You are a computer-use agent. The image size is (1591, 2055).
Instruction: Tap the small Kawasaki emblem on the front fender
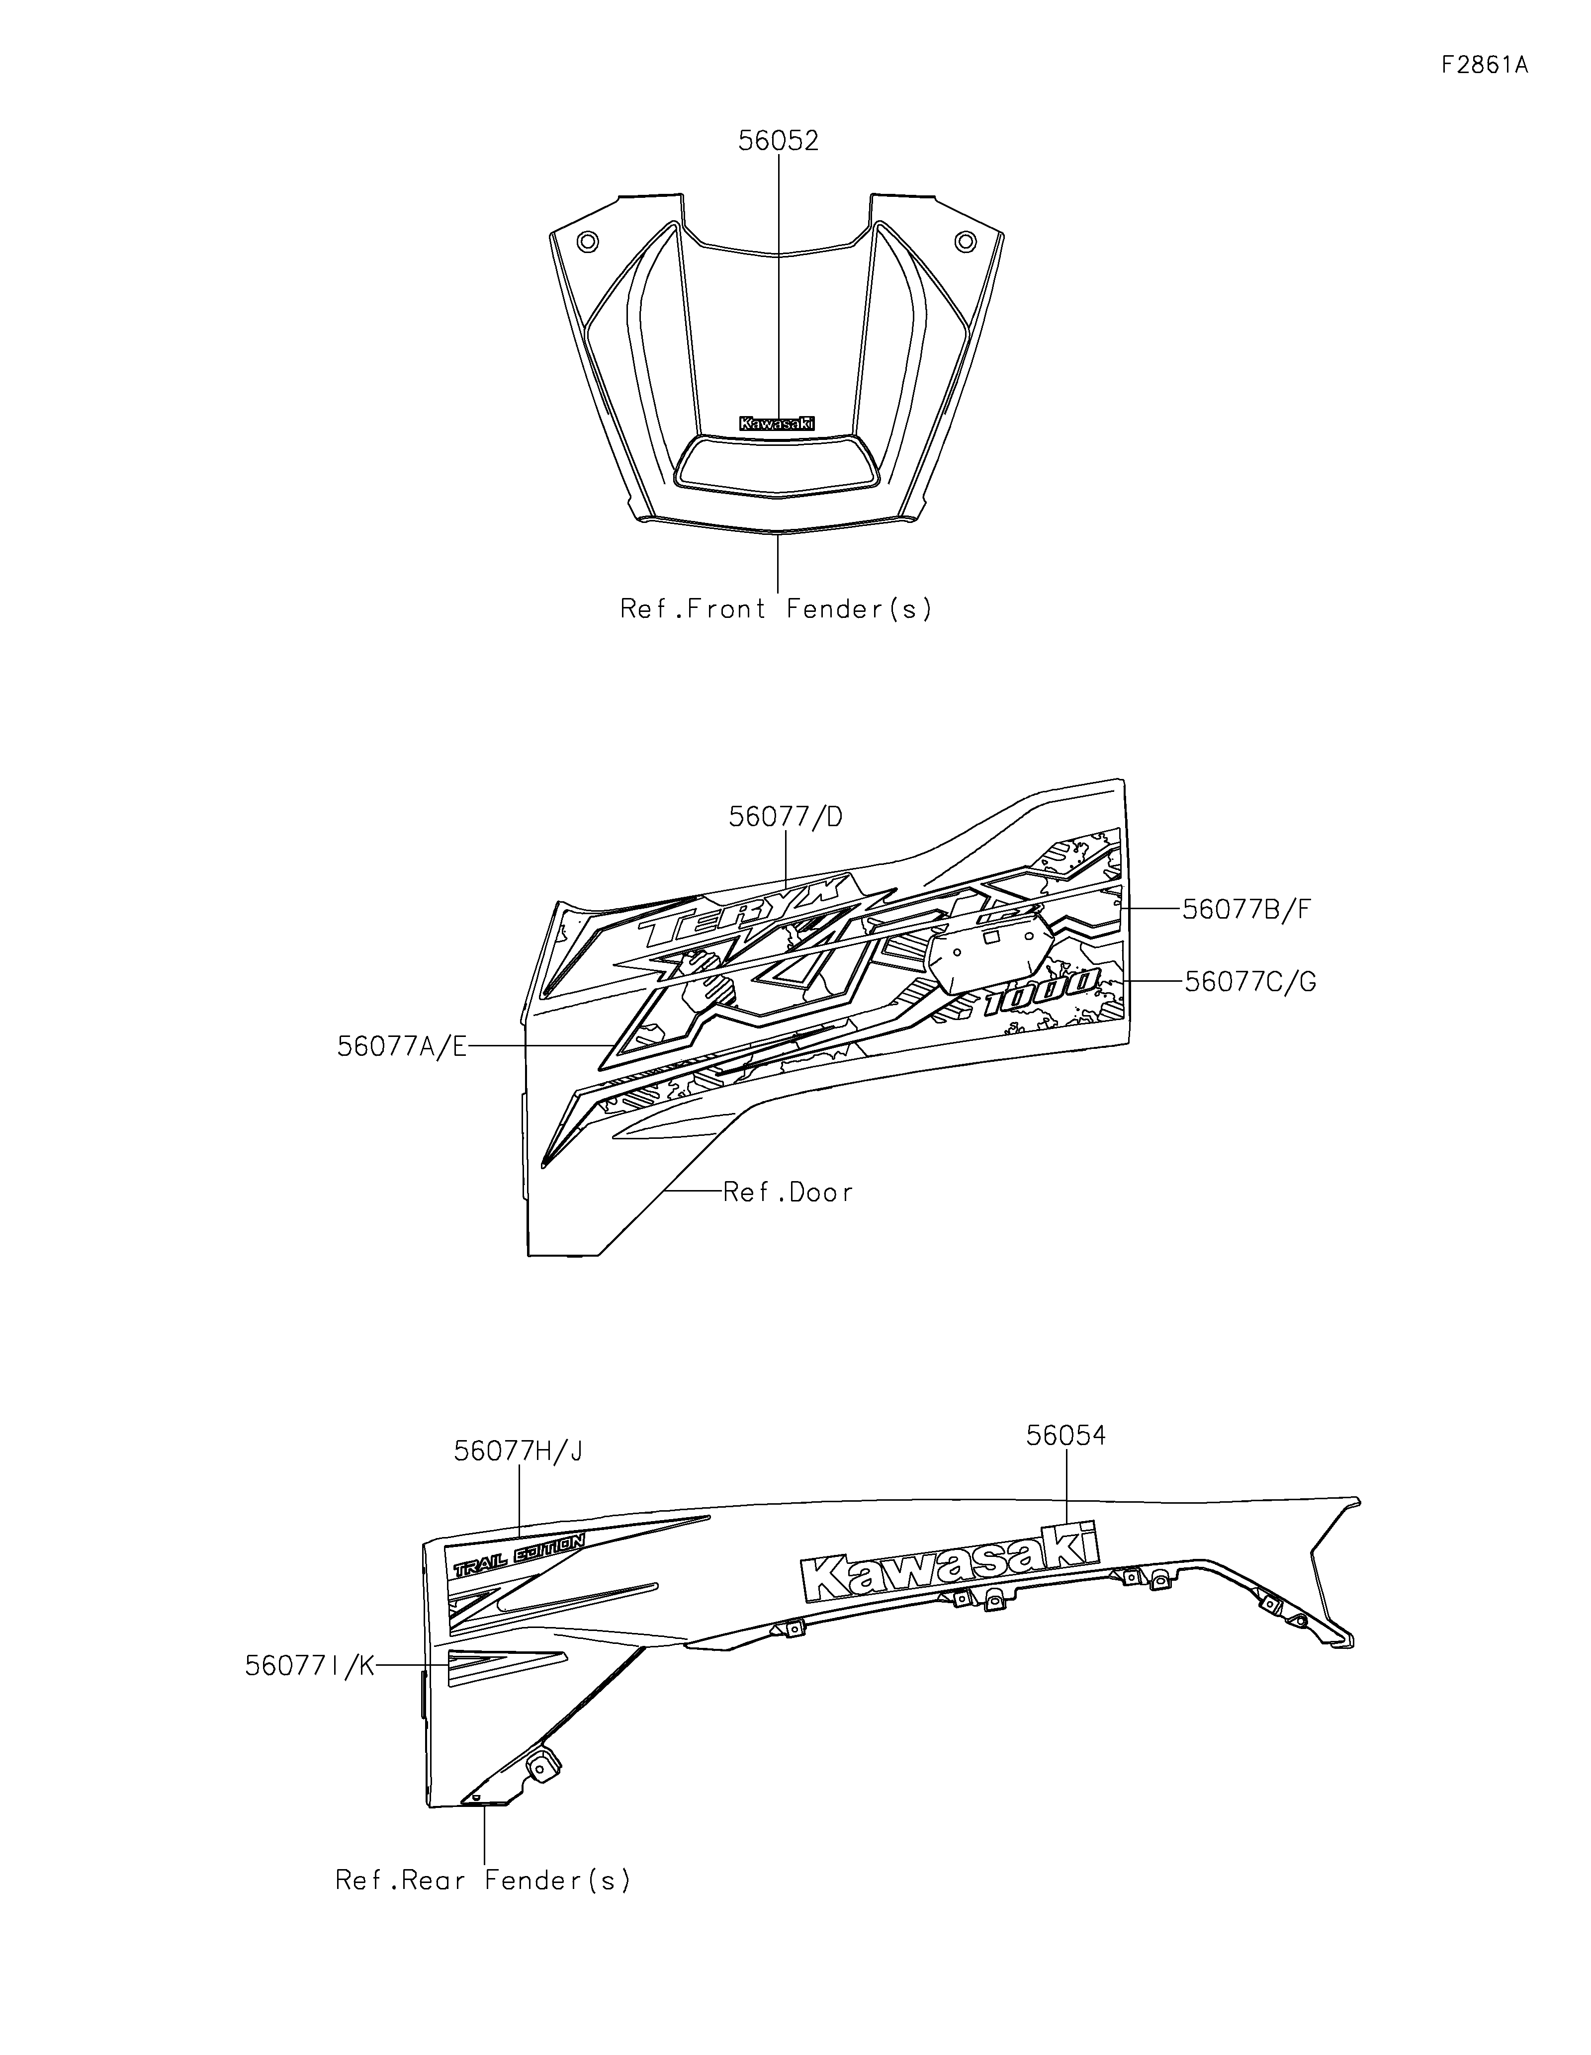[777, 425]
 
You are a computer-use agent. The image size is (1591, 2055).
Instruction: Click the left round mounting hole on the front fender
[588, 241]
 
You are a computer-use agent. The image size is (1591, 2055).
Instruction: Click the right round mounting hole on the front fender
[965, 241]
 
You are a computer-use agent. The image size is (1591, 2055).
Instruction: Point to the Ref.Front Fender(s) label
[776, 610]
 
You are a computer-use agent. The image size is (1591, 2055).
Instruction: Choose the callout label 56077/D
[786, 817]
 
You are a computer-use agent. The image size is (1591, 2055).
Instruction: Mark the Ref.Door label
[789, 1193]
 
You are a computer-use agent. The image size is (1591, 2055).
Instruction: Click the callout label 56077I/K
[310, 1665]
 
